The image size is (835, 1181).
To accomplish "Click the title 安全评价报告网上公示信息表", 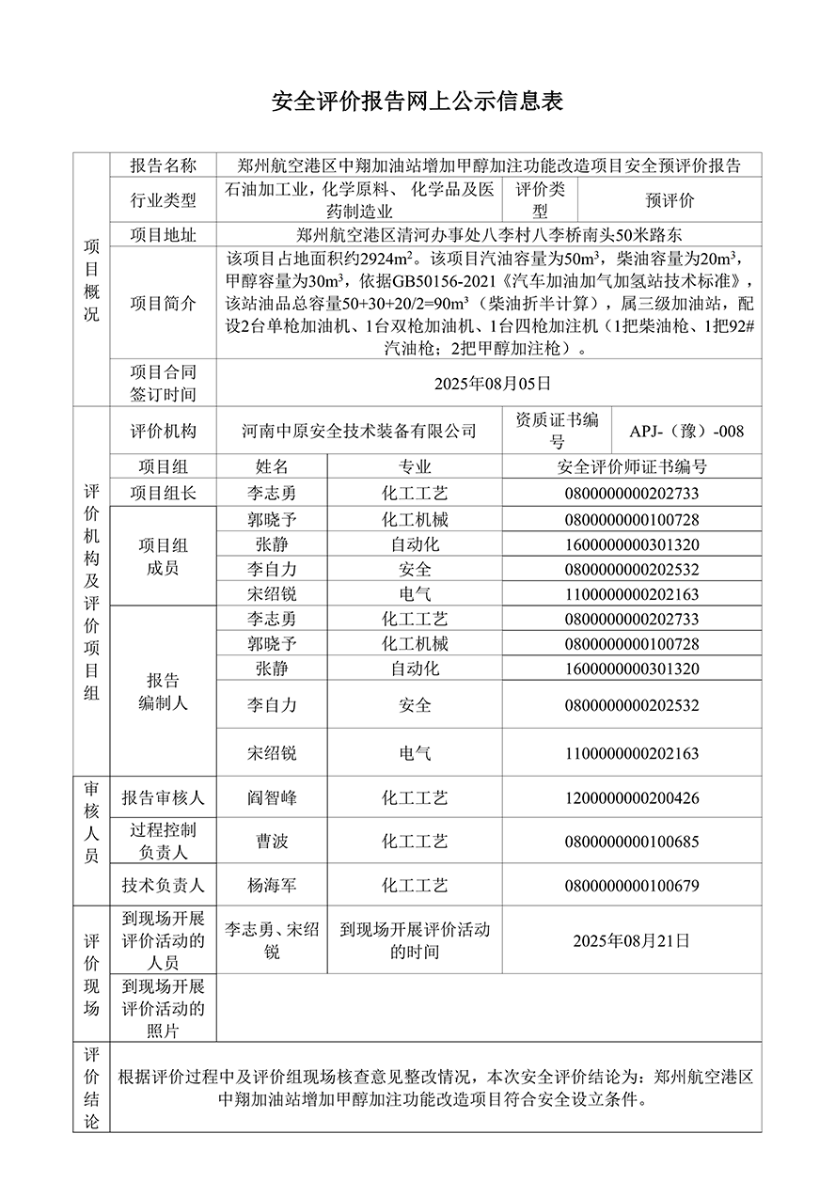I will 417,102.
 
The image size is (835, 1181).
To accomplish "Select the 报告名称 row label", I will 164,165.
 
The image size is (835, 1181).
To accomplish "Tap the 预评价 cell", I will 669,200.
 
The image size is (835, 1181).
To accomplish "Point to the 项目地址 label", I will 164,235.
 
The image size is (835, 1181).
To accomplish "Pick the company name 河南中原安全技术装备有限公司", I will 358,431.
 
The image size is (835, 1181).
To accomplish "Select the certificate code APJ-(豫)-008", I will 686,431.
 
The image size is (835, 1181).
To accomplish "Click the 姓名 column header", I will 272,467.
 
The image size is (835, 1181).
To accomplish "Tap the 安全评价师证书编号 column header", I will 632,467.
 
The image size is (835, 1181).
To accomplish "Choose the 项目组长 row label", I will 164,493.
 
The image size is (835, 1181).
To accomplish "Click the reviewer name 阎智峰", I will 272,798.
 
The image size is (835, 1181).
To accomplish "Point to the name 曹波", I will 272,842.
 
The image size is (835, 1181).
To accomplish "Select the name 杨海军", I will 272,885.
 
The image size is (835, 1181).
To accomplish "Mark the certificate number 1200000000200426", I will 632,798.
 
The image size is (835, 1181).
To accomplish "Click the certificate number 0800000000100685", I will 632,842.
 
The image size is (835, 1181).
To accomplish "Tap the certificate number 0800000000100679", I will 632,885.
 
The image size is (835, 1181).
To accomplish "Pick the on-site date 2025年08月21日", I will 632,940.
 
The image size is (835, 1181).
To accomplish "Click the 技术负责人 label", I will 164,885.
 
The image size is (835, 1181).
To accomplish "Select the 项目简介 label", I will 164,303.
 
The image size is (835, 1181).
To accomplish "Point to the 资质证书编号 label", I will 558,431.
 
